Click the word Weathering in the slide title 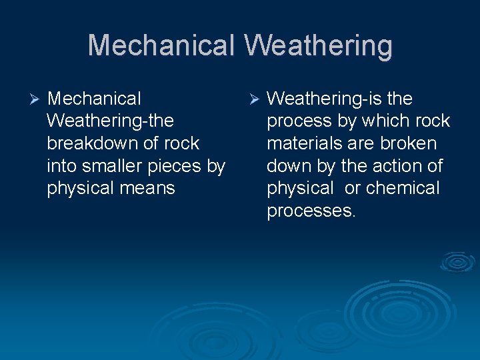318,46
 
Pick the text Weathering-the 111,121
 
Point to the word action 398,166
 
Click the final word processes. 311,211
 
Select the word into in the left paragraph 61,166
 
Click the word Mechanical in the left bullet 94,99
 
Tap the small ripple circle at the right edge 457,262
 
